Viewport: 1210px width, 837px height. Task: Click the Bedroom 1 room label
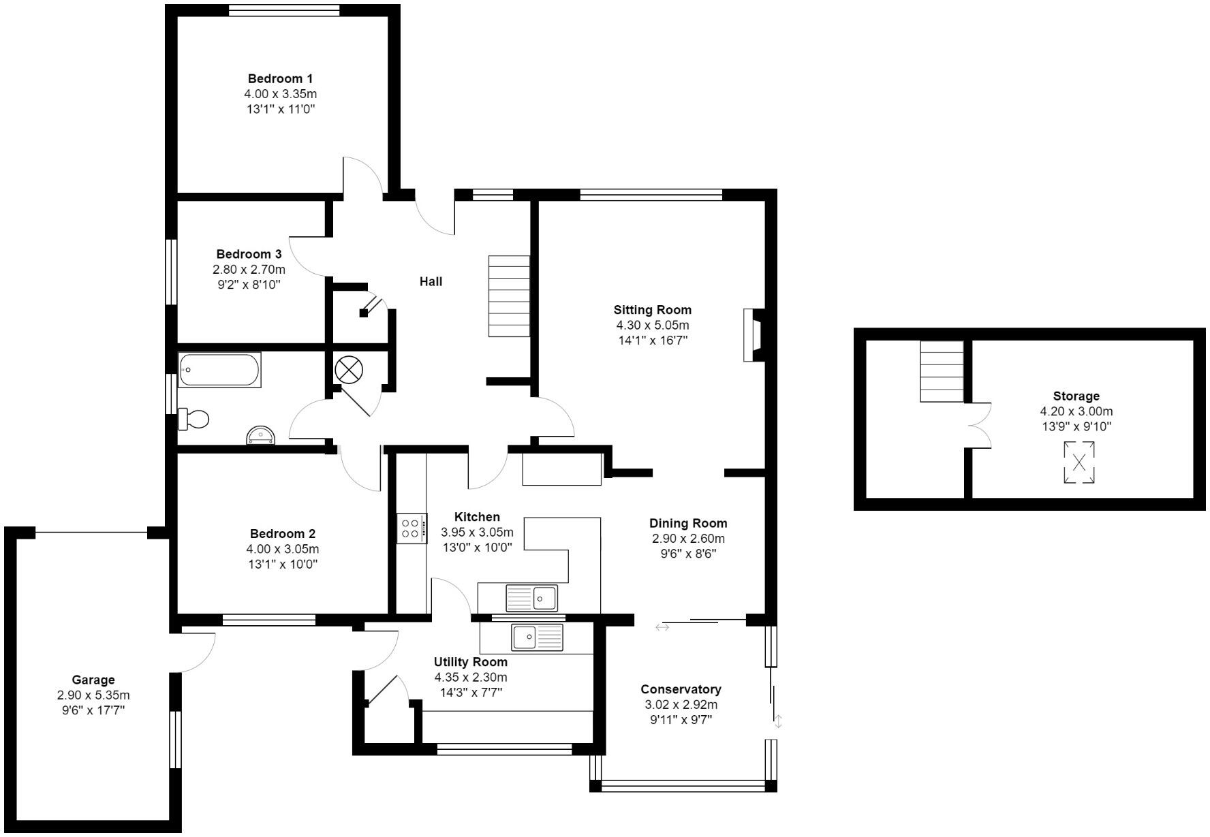[280, 79]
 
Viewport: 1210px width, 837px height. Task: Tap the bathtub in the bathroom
[219, 370]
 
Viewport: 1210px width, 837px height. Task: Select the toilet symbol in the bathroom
[193, 419]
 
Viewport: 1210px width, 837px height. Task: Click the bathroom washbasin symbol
[261, 435]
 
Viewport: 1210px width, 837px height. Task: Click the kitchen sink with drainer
[531, 599]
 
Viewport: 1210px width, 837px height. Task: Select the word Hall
[431, 281]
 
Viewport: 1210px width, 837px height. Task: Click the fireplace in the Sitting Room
[753, 335]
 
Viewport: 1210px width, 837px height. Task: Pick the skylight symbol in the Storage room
[1079, 463]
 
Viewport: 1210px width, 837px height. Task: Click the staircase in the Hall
[509, 296]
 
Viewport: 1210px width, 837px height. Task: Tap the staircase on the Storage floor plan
[942, 372]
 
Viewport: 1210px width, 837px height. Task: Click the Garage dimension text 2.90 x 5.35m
[93, 695]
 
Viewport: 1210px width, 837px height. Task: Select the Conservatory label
[681, 689]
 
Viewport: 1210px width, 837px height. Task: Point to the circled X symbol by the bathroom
[349, 370]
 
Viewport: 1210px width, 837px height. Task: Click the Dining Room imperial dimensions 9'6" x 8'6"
[688, 554]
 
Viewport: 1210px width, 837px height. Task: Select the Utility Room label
[471, 662]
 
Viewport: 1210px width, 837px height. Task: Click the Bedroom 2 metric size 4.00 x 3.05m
[283, 549]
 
